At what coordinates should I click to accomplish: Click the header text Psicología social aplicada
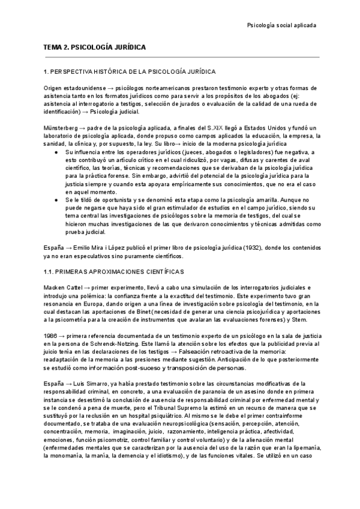coord(282,25)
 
